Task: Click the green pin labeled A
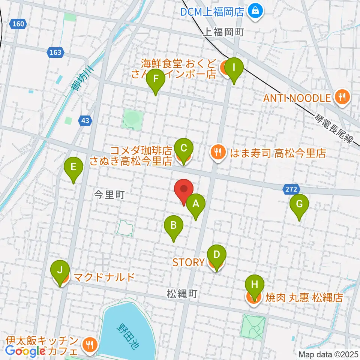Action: pos(195,204)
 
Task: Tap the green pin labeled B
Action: pos(174,226)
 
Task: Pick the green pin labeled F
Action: pos(156,80)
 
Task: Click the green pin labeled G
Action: pos(299,205)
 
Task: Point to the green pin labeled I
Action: pos(234,69)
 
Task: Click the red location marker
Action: pos(184,189)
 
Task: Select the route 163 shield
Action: pos(55,52)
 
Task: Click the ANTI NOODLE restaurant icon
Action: pos(342,98)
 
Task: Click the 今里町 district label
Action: pos(109,194)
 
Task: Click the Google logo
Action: pos(25,351)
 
